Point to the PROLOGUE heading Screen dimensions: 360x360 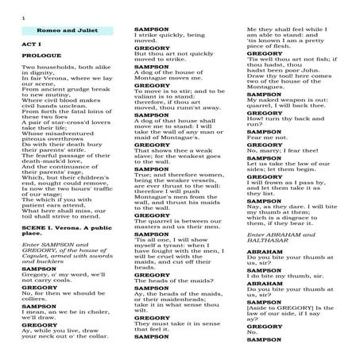click(41, 58)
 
